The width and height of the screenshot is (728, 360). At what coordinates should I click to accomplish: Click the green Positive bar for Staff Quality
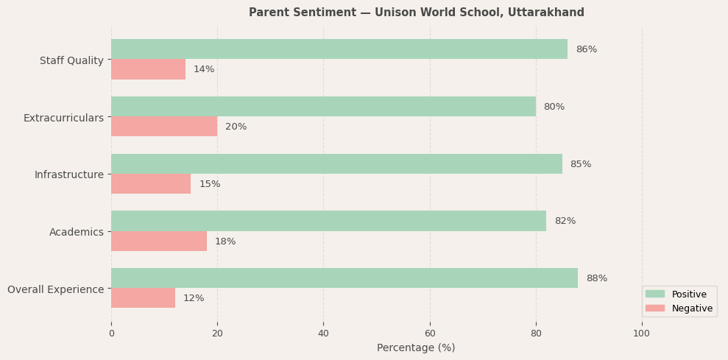[339, 49]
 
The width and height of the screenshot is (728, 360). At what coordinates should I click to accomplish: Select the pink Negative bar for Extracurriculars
[164, 127]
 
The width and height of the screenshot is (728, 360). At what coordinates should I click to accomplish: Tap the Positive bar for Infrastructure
[336, 164]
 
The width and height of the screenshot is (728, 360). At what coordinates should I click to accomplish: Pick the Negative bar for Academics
[159, 241]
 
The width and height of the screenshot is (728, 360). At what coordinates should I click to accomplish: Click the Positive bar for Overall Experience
[344, 278]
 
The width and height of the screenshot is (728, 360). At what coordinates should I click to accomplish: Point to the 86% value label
[586, 49]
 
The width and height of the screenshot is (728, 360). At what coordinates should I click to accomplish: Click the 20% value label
[236, 127]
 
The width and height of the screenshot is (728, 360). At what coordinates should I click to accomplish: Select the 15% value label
[210, 184]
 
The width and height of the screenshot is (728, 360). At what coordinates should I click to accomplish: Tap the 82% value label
[565, 221]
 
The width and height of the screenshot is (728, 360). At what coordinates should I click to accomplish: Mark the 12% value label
[194, 298]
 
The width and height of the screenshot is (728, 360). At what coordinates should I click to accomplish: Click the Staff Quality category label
[71, 60]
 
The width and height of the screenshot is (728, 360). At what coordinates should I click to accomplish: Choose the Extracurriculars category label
[63, 118]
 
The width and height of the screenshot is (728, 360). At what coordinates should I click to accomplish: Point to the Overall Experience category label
[55, 289]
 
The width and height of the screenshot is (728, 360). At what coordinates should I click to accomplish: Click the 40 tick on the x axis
[323, 333]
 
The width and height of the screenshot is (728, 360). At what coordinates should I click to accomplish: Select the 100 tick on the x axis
[642, 333]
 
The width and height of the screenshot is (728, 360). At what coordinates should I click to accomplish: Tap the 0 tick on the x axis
[111, 333]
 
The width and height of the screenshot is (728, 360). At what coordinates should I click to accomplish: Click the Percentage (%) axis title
[416, 347]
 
